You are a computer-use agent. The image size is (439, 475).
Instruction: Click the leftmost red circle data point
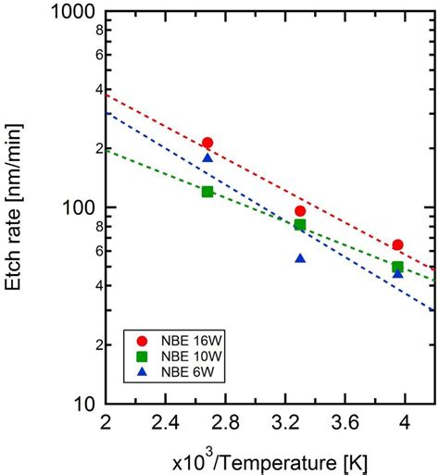tap(207, 143)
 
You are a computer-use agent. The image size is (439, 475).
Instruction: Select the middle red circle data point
tap(300, 211)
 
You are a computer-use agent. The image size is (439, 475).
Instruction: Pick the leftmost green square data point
tap(207, 192)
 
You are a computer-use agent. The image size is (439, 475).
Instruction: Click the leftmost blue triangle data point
tap(207, 158)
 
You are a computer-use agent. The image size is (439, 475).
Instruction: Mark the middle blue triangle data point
tap(300, 258)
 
